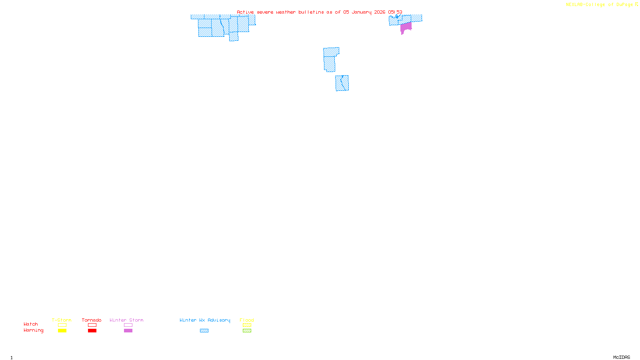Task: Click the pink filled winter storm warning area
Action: point(406,27)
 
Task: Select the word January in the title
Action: point(361,12)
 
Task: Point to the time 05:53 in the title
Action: point(395,12)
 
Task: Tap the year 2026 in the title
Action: point(380,12)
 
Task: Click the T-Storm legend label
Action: point(62,320)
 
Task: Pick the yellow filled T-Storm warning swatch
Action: point(62,331)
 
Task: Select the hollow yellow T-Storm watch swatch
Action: point(62,325)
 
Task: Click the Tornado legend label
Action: point(92,320)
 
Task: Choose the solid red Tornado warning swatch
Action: point(92,331)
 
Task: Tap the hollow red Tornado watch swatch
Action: point(92,325)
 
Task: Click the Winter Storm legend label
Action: point(126,320)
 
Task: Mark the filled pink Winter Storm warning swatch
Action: point(128,331)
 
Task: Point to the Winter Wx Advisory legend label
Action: point(205,320)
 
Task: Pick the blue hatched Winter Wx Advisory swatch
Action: point(204,331)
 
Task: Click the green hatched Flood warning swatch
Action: point(247,331)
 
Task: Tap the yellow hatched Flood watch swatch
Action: point(247,325)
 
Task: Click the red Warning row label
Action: point(33,330)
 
